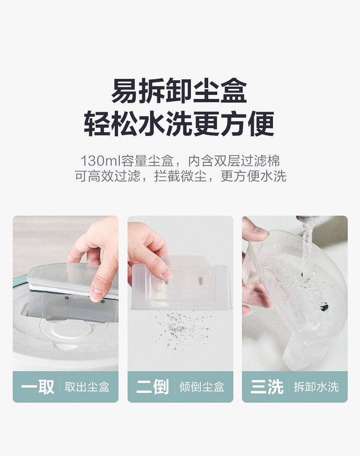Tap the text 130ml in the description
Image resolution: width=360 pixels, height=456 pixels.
point(101,161)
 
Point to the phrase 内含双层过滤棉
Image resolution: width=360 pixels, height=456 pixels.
point(234,161)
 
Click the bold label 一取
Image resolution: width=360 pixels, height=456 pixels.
point(38,387)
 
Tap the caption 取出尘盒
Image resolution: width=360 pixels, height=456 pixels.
point(87,387)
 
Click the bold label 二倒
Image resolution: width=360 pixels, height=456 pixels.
point(153,387)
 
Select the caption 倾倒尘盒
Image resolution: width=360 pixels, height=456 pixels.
point(202,387)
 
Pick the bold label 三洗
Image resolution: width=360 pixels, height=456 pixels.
point(267,387)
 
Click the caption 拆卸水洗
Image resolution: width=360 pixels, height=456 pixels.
point(316,387)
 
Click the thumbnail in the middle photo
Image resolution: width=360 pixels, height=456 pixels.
point(167,273)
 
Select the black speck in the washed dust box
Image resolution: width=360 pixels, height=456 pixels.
point(323,306)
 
